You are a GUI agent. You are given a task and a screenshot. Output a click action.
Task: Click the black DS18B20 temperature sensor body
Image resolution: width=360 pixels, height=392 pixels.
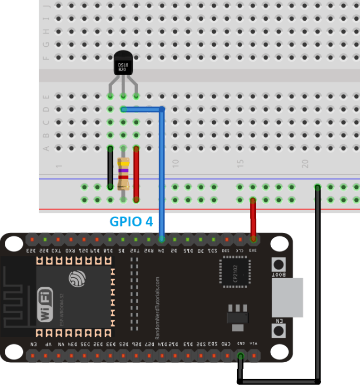[123, 64]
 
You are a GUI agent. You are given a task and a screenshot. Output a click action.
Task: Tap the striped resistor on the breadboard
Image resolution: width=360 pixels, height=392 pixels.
[123, 173]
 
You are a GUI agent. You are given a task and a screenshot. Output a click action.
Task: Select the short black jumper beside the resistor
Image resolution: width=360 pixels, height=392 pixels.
[111, 168]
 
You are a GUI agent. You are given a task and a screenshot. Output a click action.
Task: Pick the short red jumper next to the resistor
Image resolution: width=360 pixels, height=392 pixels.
[137, 173]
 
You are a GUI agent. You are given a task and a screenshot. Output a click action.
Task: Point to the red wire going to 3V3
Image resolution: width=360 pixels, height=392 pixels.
[253, 218]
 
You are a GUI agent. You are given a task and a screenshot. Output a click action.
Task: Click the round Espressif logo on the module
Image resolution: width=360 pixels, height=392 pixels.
[77, 278]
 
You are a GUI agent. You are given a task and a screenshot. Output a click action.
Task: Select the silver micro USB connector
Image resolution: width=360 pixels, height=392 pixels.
[287, 298]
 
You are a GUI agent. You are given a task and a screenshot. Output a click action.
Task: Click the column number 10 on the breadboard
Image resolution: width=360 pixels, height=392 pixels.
[175, 163]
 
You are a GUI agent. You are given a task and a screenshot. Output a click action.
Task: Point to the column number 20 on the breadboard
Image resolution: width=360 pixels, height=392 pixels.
[305, 163]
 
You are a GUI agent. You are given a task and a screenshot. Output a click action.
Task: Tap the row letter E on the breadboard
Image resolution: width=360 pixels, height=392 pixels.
[46, 97]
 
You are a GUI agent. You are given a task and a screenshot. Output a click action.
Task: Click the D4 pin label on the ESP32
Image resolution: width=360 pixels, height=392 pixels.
[162, 249]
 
